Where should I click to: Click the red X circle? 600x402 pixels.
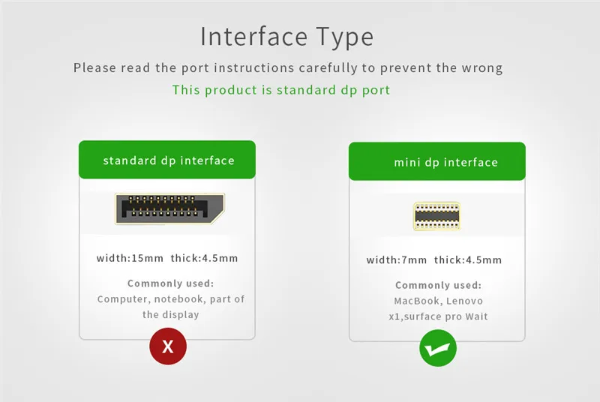(168, 346)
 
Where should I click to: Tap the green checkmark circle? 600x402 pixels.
(438, 348)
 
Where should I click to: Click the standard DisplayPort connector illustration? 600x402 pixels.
(170, 208)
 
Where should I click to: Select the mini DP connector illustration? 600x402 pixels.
(436, 217)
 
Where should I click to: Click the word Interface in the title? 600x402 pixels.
(254, 37)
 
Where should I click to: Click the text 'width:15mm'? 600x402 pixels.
(130, 258)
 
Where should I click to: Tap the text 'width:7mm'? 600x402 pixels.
(397, 260)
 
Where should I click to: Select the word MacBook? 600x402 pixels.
(416, 301)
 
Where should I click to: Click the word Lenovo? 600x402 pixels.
(464, 301)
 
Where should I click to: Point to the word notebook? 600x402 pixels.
(178, 299)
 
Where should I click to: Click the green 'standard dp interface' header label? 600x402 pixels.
(167, 160)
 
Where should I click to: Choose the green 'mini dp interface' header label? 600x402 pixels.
(437, 161)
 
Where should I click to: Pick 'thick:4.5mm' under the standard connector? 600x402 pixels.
(204, 258)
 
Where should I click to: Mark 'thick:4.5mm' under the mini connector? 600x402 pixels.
(468, 260)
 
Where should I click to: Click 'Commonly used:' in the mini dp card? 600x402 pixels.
(439, 285)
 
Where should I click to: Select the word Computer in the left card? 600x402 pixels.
(123, 299)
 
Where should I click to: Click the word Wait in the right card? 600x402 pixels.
(477, 316)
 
